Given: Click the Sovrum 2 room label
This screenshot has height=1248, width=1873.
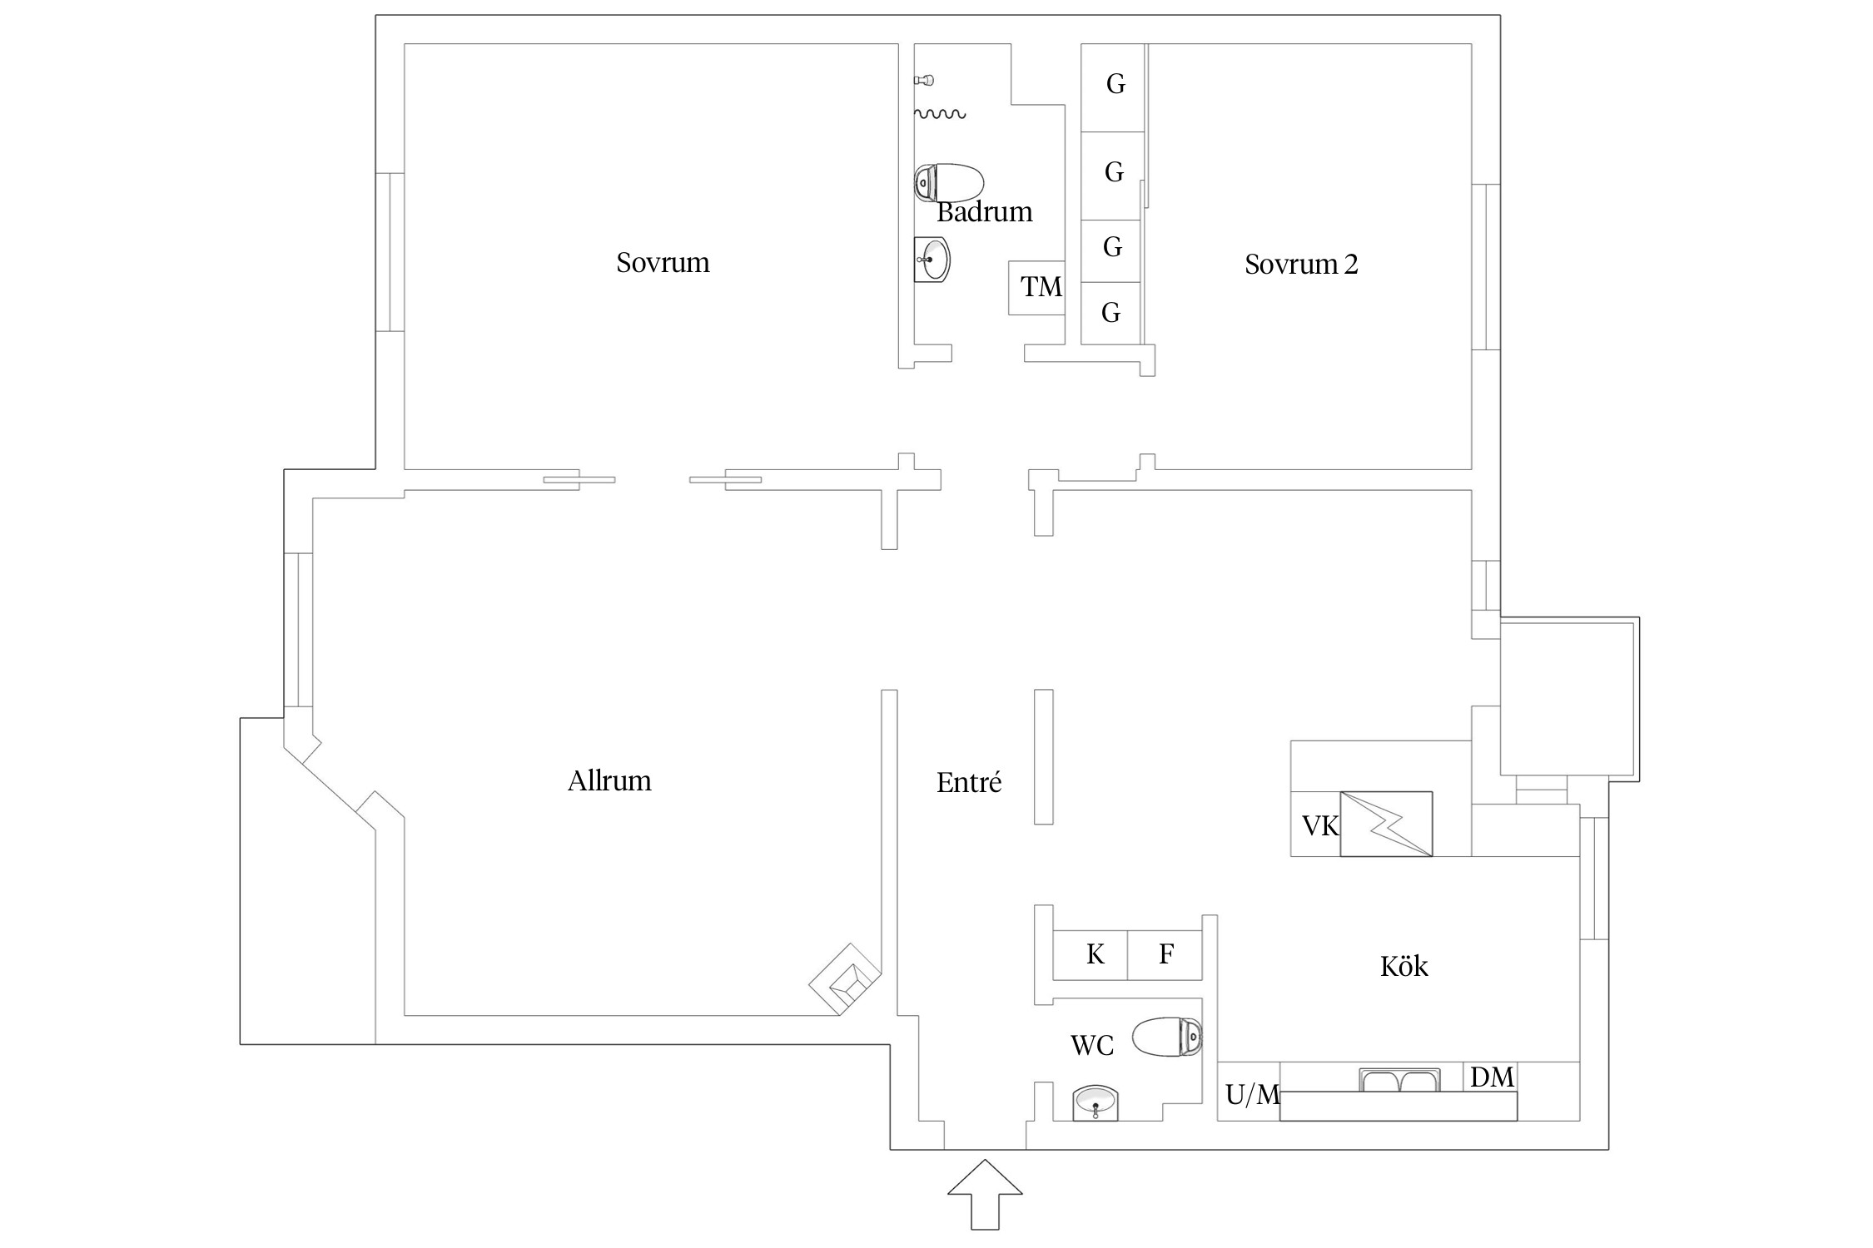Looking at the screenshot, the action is click(1301, 264).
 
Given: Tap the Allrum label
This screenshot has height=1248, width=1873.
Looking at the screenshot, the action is click(609, 780).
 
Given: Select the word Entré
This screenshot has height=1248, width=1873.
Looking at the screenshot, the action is click(969, 782).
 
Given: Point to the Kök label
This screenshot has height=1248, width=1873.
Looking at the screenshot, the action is click(1404, 966).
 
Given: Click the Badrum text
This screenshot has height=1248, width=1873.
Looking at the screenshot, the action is click(985, 212).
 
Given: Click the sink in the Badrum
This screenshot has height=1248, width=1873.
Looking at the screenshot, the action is click(932, 260).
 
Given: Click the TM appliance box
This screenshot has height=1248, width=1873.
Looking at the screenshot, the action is click(1036, 288).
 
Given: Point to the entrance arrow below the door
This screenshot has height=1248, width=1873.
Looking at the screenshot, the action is click(985, 1194).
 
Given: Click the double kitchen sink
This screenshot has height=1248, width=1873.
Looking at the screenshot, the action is click(1399, 1080).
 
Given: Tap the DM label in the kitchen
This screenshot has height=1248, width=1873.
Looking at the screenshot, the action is click(1492, 1077).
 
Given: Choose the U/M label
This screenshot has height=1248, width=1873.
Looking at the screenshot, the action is click(1252, 1095).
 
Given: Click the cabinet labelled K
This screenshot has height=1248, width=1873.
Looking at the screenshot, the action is click(1091, 954).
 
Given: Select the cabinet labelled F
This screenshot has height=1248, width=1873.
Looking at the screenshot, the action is click(1165, 954).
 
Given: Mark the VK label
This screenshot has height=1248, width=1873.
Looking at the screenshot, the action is click(1320, 825).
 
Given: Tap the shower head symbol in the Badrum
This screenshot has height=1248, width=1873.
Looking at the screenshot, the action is click(924, 81).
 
